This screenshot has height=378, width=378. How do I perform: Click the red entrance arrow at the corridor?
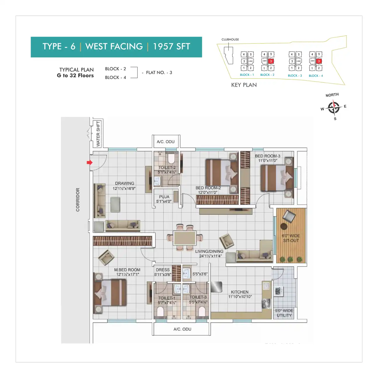(x=89, y=162)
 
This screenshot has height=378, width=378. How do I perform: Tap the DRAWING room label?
(x=125, y=183)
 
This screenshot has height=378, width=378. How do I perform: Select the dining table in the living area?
(x=185, y=238)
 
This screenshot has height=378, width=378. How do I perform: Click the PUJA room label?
(x=164, y=197)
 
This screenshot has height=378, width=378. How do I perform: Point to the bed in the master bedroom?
(x=110, y=293)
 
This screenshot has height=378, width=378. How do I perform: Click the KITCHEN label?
(x=240, y=292)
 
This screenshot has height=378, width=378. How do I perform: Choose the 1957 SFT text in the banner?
(x=171, y=47)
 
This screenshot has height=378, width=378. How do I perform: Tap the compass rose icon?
(x=333, y=107)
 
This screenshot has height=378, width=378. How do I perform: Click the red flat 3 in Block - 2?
(x=271, y=61)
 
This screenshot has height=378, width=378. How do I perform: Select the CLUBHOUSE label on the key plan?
(x=230, y=39)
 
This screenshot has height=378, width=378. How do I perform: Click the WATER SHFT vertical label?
(x=98, y=134)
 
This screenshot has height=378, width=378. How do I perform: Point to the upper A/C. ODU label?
(x=165, y=142)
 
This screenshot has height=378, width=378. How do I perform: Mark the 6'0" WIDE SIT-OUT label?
(x=291, y=238)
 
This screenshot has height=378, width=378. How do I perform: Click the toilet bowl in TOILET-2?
(x=171, y=159)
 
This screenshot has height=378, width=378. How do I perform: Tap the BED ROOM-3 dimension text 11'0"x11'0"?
(x=267, y=160)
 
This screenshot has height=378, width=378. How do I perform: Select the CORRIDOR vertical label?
(x=78, y=199)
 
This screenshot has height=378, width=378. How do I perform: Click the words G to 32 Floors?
(x=75, y=76)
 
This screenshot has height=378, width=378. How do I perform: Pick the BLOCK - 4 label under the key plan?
(x=316, y=76)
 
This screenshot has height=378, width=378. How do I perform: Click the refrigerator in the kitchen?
(x=216, y=287)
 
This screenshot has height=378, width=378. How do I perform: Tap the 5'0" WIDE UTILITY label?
(x=284, y=313)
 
